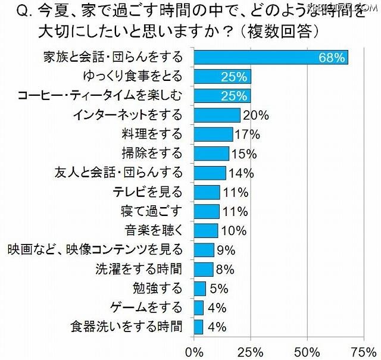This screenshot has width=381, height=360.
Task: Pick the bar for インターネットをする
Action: coord(217,115)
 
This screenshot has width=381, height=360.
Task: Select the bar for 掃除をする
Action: coord(212,154)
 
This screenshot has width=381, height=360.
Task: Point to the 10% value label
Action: coord(232,230)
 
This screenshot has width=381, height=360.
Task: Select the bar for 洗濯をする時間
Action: coord(204,269)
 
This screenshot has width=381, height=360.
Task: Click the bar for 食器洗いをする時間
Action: coord(199,326)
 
